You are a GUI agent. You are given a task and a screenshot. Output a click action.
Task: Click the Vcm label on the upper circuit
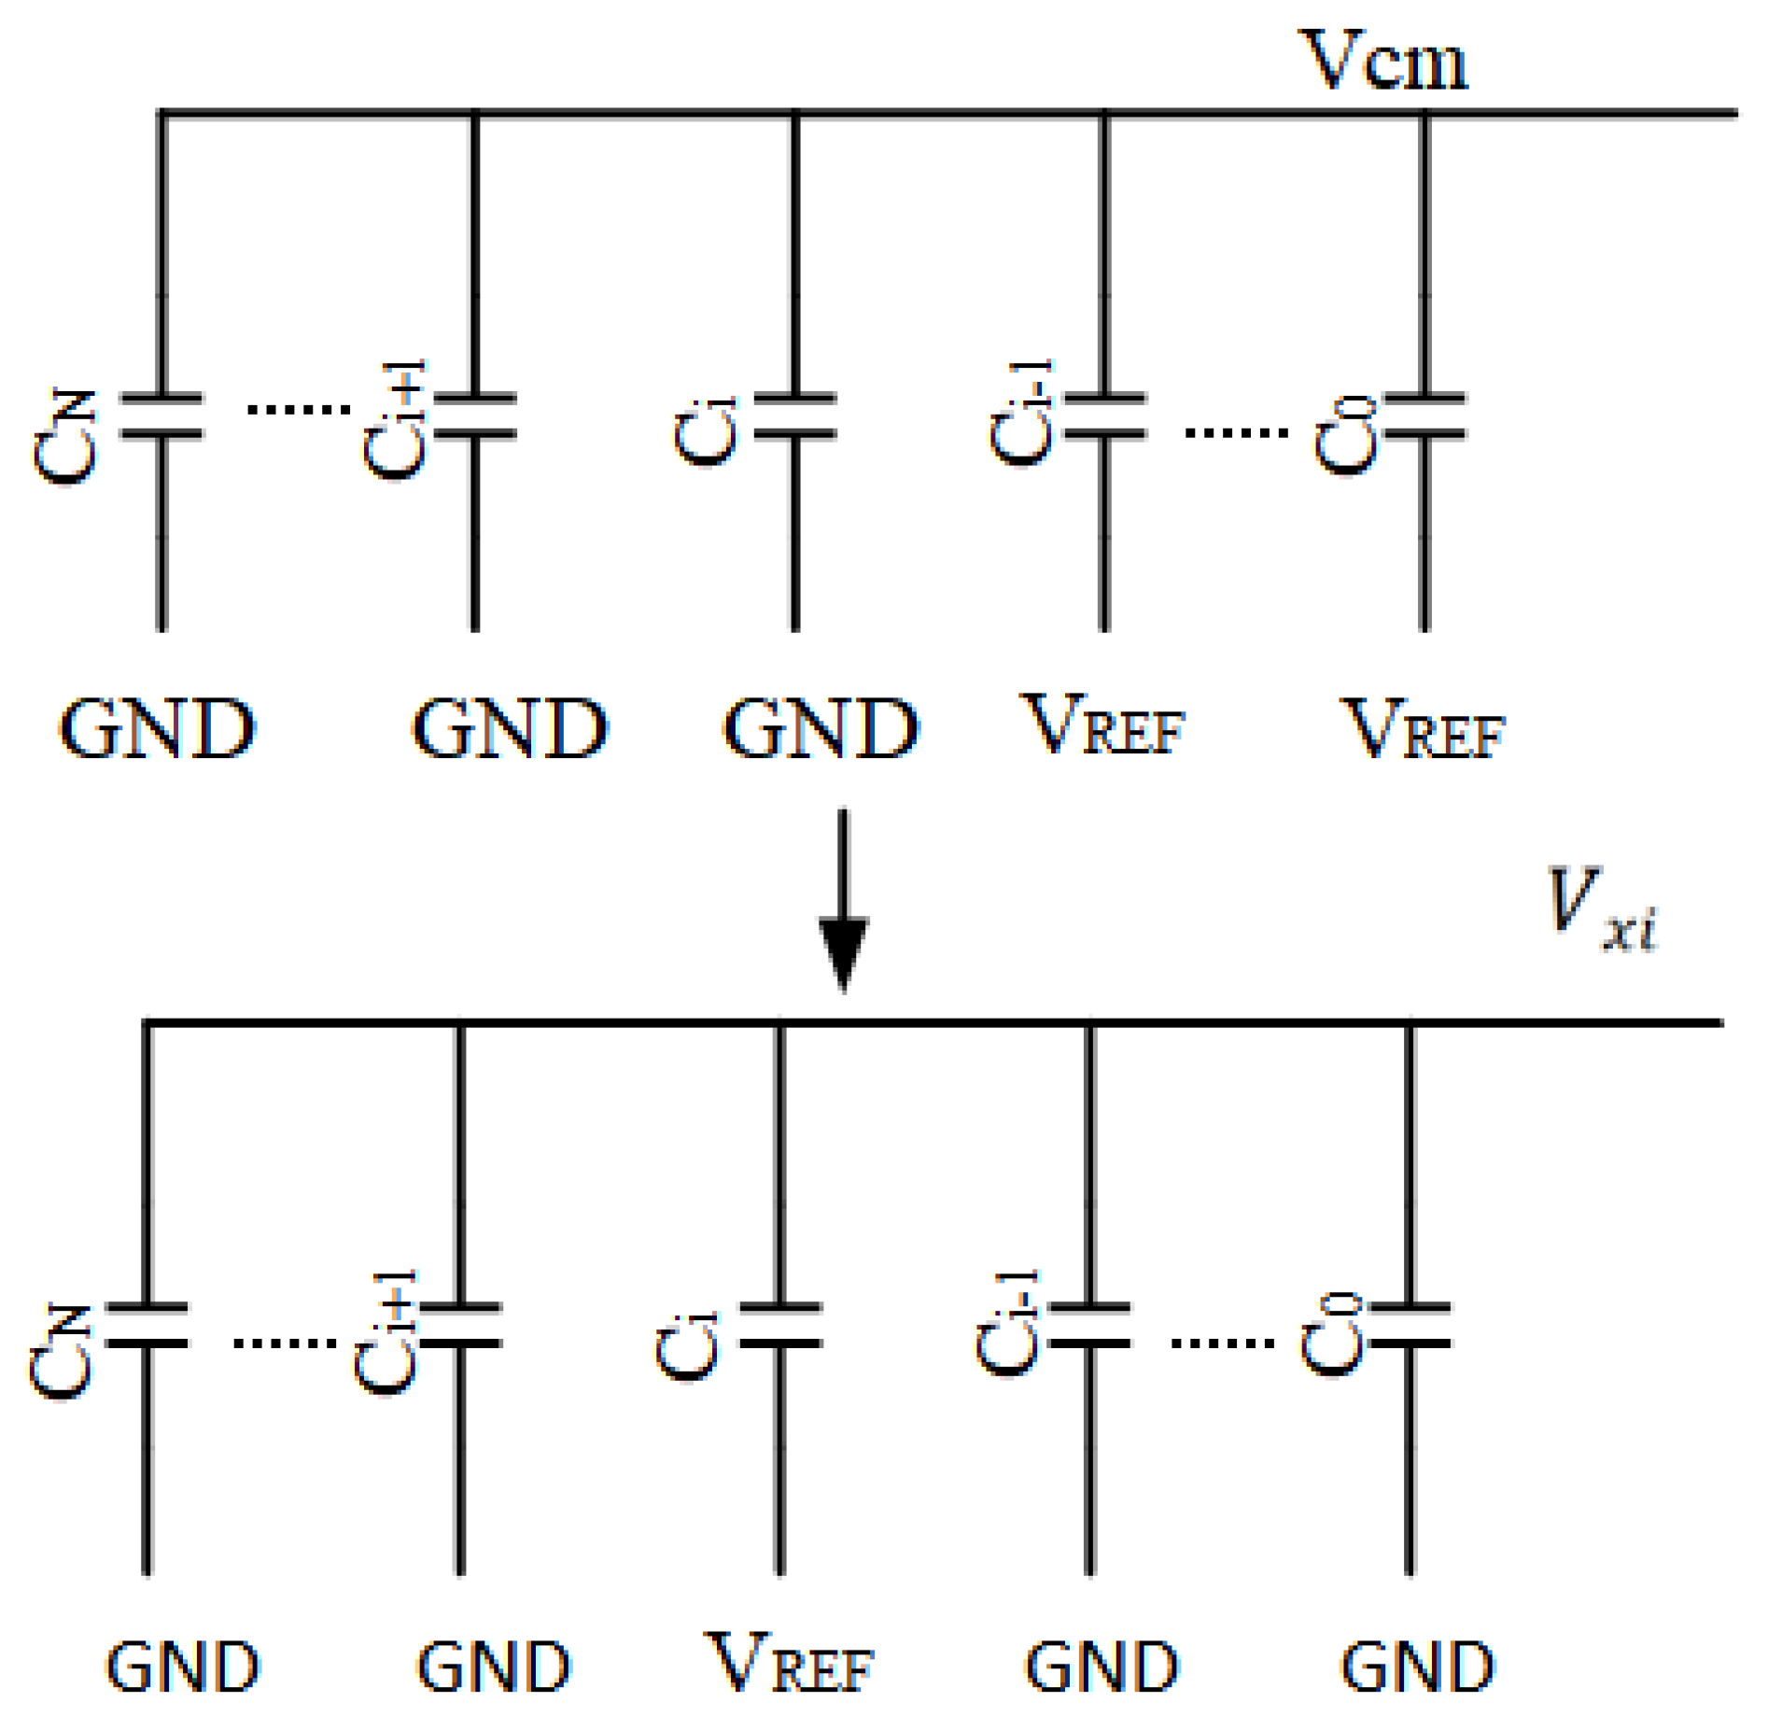pos(1382,62)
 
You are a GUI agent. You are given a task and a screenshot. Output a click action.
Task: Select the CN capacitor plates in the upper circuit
pos(161,416)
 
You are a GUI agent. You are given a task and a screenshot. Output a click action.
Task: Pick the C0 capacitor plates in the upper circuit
pos(1424,416)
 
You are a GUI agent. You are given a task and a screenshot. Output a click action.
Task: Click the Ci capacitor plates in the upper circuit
pos(794,416)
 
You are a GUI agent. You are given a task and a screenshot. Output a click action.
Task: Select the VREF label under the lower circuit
pos(790,1663)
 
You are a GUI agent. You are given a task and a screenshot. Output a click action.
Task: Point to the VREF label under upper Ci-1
pos(1102,725)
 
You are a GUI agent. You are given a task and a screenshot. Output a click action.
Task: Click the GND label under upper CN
pos(157,729)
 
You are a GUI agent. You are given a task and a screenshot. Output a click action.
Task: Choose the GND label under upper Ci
pos(821,729)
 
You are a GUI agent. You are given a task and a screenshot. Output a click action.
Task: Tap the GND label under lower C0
pos(1417,1667)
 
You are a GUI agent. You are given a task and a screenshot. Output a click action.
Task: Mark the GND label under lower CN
pos(182,1667)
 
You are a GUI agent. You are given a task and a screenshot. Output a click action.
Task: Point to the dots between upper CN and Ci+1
pos(298,409)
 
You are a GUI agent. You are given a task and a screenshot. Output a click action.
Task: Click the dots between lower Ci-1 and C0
pos(1222,1343)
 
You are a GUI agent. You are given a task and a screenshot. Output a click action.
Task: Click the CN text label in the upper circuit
pos(65,437)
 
